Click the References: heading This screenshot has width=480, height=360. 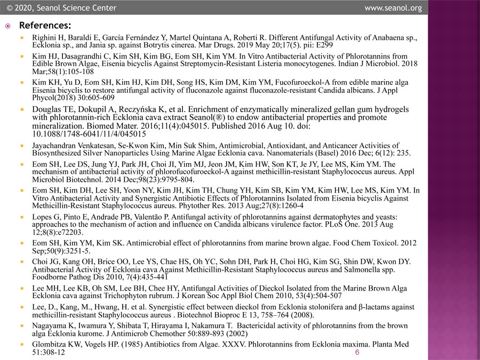click(45, 26)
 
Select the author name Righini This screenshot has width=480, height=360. click(45, 38)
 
